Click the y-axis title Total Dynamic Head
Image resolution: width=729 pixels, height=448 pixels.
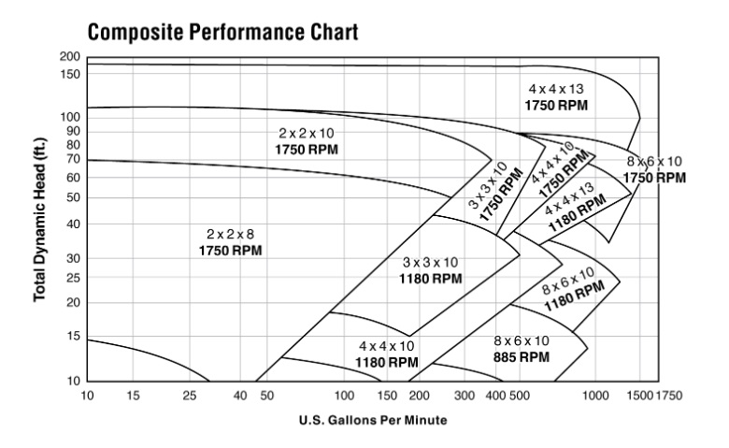coord(40,223)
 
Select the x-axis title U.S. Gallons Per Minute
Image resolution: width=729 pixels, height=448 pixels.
coord(373,420)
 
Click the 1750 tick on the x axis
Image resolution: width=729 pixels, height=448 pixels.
coord(669,396)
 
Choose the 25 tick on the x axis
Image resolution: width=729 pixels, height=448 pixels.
coord(190,396)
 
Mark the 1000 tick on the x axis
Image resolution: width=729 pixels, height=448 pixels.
coord(594,396)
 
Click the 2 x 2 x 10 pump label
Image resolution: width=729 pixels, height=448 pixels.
coord(307,141)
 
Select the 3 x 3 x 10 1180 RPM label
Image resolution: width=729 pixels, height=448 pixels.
coord(433,270)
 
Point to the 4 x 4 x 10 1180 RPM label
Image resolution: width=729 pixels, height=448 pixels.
coord(387,354)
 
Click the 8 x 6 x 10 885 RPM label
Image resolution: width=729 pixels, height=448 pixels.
coord(521,348)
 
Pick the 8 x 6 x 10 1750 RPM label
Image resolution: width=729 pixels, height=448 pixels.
coord(653,169)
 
